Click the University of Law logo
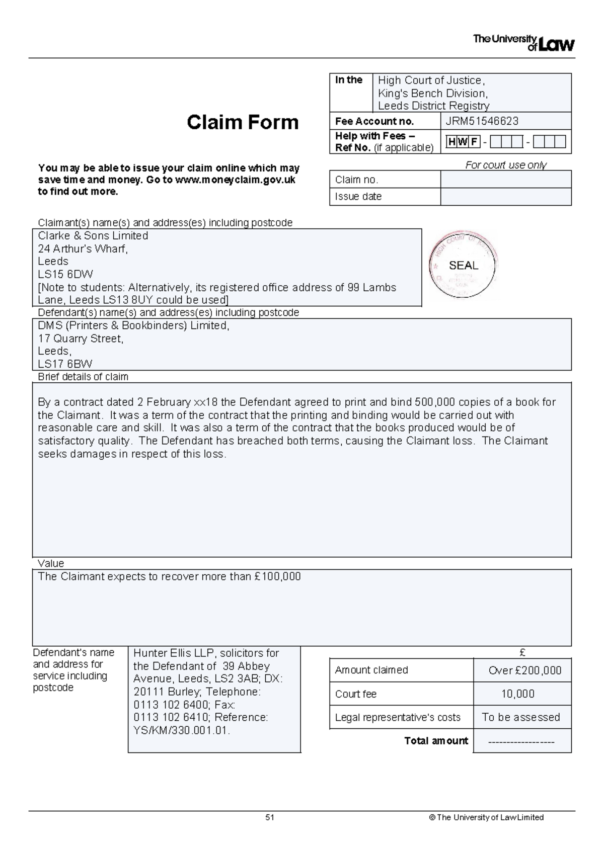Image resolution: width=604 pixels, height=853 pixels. point(523,43)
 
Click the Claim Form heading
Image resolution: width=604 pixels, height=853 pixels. point(243,122)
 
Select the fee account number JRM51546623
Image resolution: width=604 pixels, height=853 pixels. point(482,121)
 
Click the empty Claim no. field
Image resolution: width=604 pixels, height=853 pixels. point(505,180)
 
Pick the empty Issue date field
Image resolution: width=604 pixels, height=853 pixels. point(505,197)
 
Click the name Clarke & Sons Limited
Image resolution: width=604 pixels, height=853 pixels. point(93,236)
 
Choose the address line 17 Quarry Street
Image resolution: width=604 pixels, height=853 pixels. point(81,338)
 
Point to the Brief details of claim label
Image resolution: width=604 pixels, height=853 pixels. point(83,377)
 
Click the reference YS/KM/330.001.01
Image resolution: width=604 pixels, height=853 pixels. point(182,730)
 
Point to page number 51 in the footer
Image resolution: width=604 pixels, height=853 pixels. point(270,817)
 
